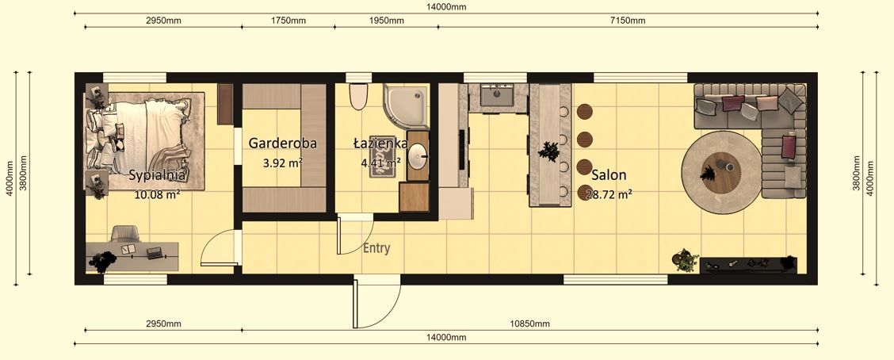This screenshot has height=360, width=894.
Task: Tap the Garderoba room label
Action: (x=283, y=144)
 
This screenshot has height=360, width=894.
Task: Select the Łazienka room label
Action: (x=380, y=144)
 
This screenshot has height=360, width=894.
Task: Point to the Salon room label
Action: (x=609, y=175)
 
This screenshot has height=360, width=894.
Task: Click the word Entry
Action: (x=376, y=248)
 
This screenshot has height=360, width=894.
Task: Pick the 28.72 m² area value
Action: (x=609, y=193)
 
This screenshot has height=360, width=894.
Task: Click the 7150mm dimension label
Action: (x=628, y=21)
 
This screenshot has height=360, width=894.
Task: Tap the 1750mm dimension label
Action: (x=288, y=21)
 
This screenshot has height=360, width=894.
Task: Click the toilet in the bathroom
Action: (x=358, y=96)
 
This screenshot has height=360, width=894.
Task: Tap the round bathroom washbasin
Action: (x=418, y=155)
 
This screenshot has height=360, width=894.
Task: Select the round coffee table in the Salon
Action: (x=721, y=168)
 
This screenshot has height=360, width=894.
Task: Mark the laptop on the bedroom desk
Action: (x=154, y=253)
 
